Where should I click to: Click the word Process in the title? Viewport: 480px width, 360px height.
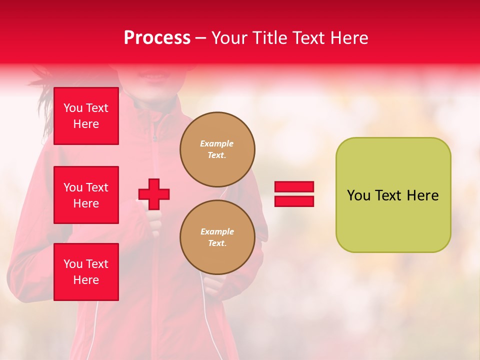click(x=157, y=38)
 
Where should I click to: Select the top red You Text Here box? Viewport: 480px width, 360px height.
click(x=86, y=116)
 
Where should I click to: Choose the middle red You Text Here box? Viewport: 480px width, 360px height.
click(x=86, y=195)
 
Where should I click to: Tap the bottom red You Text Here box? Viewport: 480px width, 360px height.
click(x=86, y=272)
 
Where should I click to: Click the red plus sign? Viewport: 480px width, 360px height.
click(x=154, y=194)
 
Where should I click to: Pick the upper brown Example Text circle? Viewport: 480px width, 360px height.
click(x=217, y=149)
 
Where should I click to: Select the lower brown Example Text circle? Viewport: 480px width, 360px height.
click(x=217, y=237)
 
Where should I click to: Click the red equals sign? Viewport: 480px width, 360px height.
click(x=294, y=194)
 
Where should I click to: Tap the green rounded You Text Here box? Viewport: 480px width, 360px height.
click(x=393, y=195)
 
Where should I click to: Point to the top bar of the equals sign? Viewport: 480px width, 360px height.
click(x=294, y=187)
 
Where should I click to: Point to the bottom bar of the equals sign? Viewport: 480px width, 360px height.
click(x=294, y=201)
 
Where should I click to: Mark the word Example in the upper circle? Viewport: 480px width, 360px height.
click(x=217, y=143)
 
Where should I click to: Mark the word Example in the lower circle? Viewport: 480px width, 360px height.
click(x=217, y=231)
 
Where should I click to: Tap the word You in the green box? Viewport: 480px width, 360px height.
click(x=358, y=195)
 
